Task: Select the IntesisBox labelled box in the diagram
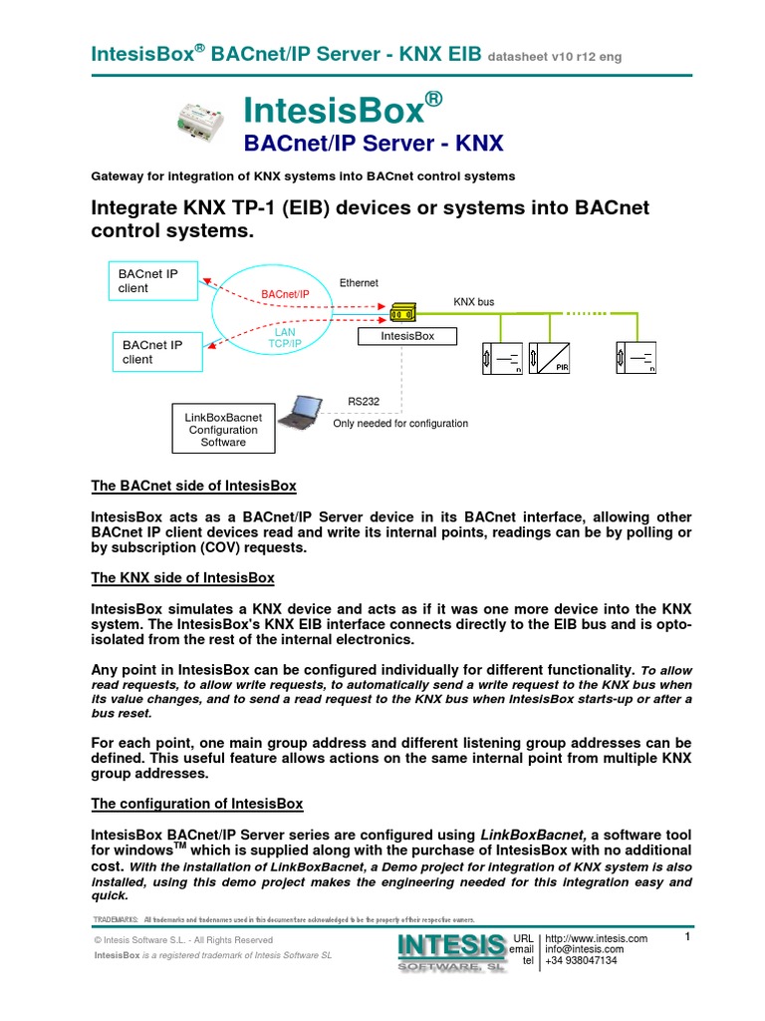pos(408,336)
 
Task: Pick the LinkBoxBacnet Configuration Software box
pos(223,429)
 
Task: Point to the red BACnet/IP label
pos(286,294)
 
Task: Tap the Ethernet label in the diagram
pos(360,283)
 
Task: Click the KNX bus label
pos(474,301)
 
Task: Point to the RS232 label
pos(364,401)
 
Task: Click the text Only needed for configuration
pos(400,424)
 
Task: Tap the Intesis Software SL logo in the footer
pos(450,952)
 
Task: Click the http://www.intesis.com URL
pos(597,939)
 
